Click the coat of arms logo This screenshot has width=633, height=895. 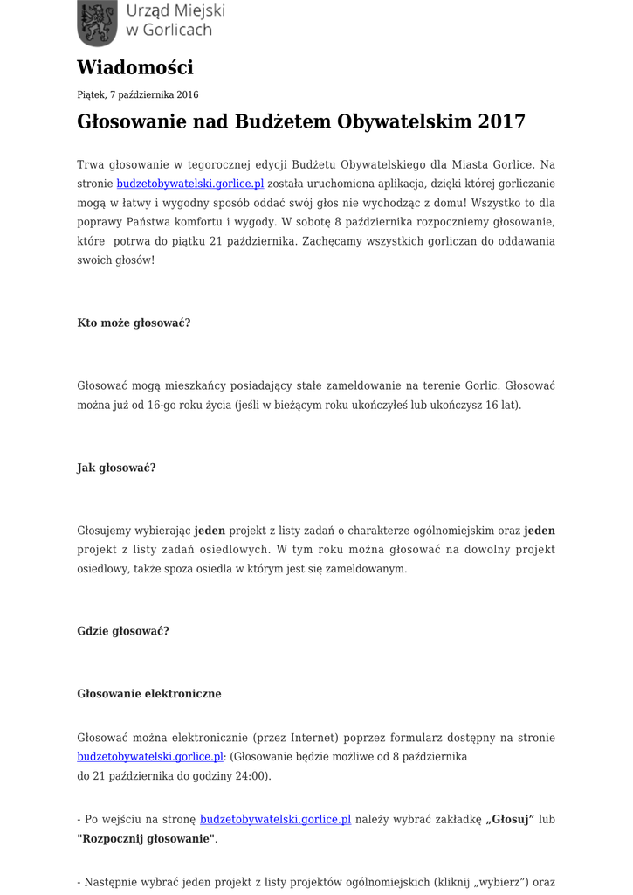point(97,23)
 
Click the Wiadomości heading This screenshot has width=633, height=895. point(135,67)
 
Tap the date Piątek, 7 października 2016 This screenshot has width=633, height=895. point(138,94)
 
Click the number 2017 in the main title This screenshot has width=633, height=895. point(501,121)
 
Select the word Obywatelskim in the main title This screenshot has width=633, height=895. point(406,121)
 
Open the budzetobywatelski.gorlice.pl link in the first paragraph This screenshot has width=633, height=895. point(190,184)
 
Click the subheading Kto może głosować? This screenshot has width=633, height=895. point(134,323)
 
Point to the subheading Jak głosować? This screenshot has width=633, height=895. point(116,468)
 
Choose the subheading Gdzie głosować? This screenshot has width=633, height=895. point(123,631)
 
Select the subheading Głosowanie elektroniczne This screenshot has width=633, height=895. point(149,694)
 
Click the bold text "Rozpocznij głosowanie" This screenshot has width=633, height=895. point(146,838)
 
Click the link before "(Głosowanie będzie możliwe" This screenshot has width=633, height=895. point(150,757)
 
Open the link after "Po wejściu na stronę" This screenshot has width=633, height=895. point(275,819)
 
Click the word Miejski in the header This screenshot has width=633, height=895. point(197,10)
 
